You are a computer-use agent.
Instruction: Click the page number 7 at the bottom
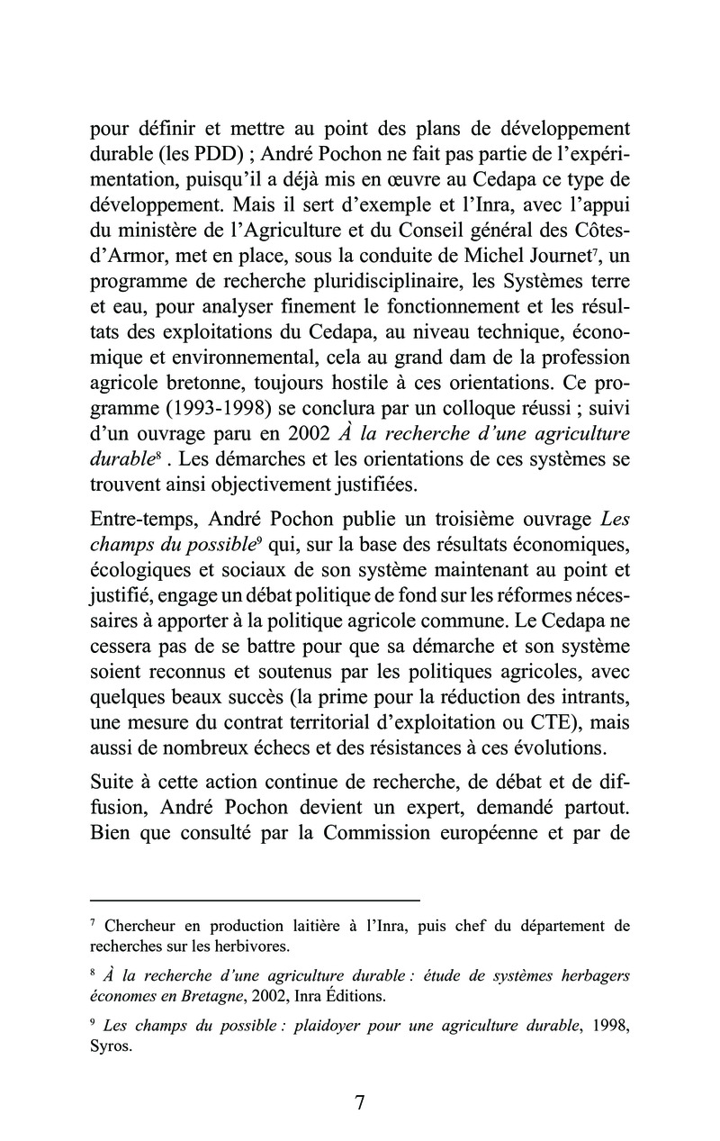359,1103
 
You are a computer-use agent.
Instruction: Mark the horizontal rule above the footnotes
256,900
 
